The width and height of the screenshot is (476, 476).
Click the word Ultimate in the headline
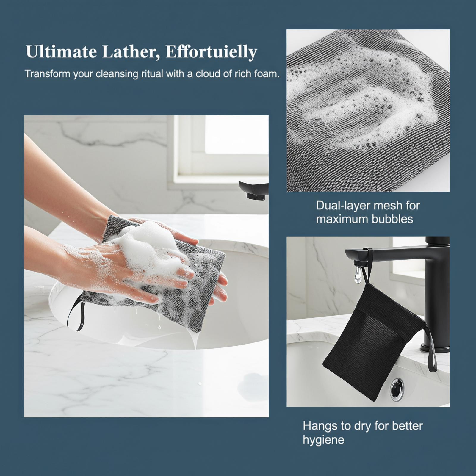click(61, 52)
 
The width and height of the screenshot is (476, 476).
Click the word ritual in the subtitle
click(152, 73)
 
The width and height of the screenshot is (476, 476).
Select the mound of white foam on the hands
click(149, 247)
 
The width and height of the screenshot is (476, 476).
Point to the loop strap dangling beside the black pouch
click(431, 350)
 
